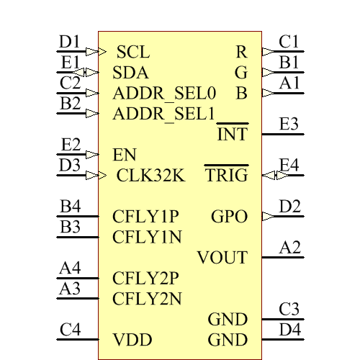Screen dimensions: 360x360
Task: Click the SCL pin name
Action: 133,52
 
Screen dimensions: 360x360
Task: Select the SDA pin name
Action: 131,73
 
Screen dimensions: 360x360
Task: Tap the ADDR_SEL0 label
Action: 164,93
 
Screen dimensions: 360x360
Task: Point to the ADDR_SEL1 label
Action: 164,114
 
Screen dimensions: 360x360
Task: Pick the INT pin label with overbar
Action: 232,134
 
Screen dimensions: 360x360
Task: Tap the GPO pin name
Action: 229,217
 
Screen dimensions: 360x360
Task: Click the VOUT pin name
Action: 222,258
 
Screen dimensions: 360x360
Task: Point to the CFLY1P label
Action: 145,217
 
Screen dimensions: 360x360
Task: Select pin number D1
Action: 70,42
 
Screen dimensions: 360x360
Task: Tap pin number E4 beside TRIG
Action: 289,166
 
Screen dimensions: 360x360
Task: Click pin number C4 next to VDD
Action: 71,330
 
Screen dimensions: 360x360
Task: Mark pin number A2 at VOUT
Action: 290,248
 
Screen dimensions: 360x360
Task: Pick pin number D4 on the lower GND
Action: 290,330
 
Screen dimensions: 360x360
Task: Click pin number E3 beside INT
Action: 289,124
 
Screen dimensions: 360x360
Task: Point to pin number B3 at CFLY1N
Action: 70,228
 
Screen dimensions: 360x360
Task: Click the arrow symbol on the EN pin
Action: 91,154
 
